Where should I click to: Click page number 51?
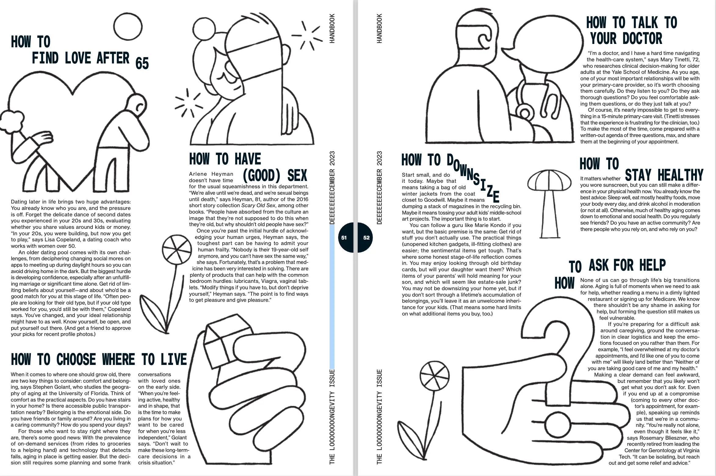click(344, 238)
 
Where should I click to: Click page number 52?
click(366, 238)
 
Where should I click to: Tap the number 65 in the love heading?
click(142, 63)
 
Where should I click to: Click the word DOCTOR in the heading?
click(642, 38)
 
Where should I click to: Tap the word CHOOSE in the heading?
click(76, 359)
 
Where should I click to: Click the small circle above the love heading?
click(128, 27)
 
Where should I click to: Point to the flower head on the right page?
click(435, 376)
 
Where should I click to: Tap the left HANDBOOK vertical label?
click(332, 28)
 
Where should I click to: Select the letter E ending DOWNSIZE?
click(496, 196)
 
